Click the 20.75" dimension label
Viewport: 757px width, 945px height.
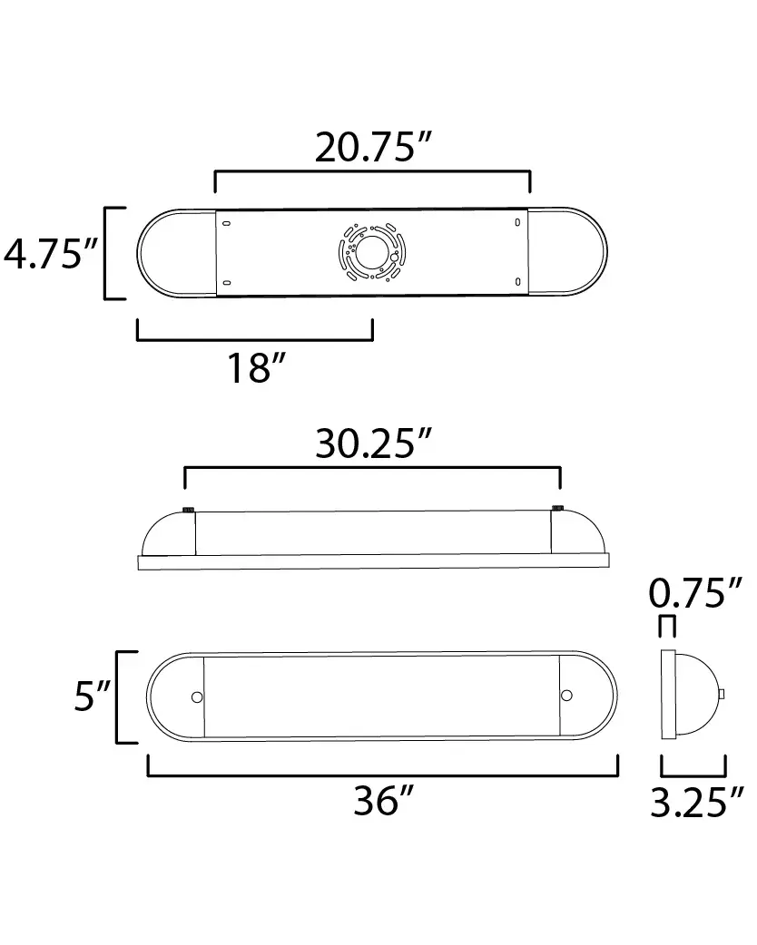tap(373, 147)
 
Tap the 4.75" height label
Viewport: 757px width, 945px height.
tap(51, 254)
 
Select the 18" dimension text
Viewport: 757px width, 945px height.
tap(256, 368)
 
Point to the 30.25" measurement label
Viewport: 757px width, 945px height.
tap(373, 443)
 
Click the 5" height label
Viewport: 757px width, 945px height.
tap(93, 696)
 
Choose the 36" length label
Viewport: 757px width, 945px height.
tap(384, 801)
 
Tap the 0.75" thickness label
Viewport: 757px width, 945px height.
tap(695, 593)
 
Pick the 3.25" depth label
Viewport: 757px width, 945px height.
tap(697, 803)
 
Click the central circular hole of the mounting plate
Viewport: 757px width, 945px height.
tap(371, 252)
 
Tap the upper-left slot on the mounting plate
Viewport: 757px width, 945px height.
tap(227, 224)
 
